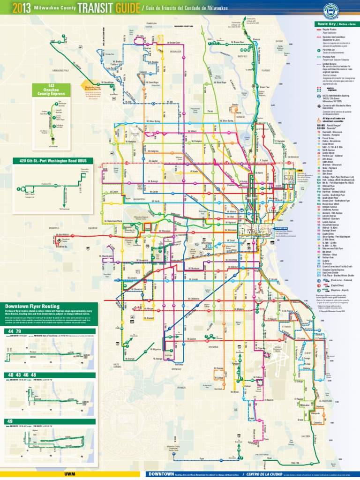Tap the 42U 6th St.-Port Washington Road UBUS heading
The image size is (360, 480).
(x=52, y=161)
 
